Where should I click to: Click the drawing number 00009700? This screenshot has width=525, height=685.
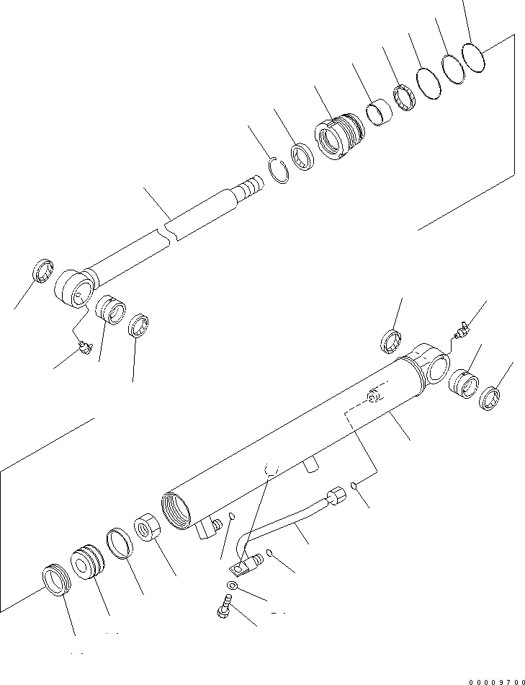(x=497, y=681)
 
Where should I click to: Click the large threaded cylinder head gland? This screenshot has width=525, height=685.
(x=339, y=136)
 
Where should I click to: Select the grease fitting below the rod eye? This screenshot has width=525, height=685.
(x=85, y=348)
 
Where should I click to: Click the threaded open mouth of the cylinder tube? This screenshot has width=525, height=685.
(x=176, y=511)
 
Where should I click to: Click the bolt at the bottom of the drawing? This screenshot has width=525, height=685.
(x=224, y=608)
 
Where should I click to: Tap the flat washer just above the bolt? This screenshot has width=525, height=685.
(x=231, y=585)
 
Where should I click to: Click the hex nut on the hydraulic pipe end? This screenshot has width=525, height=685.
(x=337, y=496)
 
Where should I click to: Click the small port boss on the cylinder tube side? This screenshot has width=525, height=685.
(x=373, y=395)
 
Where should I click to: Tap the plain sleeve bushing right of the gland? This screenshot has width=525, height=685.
(x=378, y=114)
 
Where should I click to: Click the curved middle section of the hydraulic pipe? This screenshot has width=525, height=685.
(x=284, y=524)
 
